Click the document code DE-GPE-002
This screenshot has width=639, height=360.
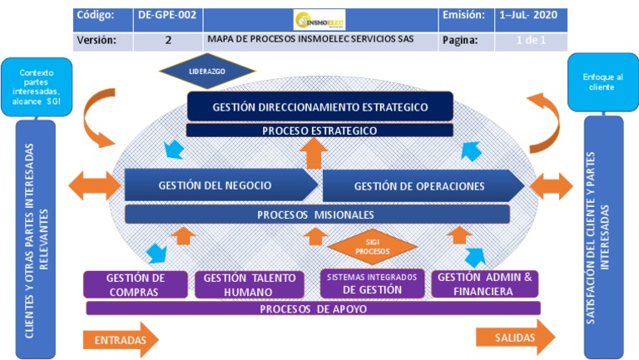(x=167, y=16)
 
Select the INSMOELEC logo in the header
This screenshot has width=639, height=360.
(x=320, y=17)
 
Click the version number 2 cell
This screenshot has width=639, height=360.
(x=167, y=40)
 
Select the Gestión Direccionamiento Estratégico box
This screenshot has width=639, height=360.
(x=319, y=106)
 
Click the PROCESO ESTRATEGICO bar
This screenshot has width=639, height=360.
(x=319, y=131)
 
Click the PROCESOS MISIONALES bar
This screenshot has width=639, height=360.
(x=317, y=214)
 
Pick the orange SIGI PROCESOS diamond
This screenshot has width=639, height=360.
(x=372, y=246)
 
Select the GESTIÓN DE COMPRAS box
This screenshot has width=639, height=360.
(x=134, y=284)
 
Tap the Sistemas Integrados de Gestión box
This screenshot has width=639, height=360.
(x=372, y=284)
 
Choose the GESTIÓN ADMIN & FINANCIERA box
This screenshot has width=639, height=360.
(x=485, y=284)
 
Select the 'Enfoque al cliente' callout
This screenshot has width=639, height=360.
(x=602, y=81)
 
